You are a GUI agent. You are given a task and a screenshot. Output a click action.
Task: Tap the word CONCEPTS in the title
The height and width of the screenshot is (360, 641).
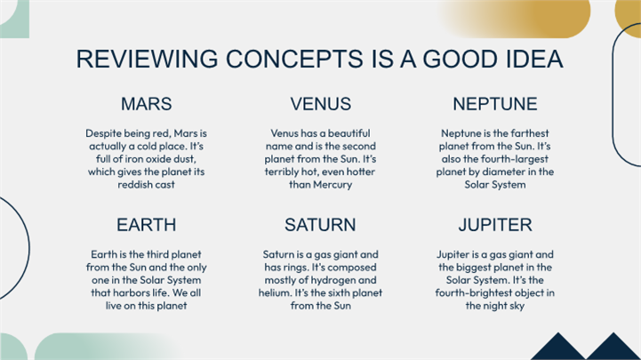coord(294,59)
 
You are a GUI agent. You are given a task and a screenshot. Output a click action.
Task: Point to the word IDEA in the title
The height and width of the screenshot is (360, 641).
coord(534,59)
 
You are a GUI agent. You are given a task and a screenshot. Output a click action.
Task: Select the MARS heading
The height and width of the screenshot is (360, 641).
coord(147,104)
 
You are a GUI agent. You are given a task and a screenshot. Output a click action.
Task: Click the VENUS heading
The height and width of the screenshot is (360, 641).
coord(320,104)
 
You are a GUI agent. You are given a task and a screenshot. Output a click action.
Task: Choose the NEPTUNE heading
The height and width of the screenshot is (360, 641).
coord(495,104)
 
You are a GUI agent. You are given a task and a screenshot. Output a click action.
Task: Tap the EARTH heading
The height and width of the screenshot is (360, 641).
coord(147,225)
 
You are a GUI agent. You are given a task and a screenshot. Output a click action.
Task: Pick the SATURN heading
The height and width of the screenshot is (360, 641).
coord(320,225)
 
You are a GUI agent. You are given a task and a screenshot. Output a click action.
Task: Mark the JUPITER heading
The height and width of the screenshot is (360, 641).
coord(495,225)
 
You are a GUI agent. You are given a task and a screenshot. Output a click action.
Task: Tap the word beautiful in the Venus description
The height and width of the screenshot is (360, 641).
coord(349,133)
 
